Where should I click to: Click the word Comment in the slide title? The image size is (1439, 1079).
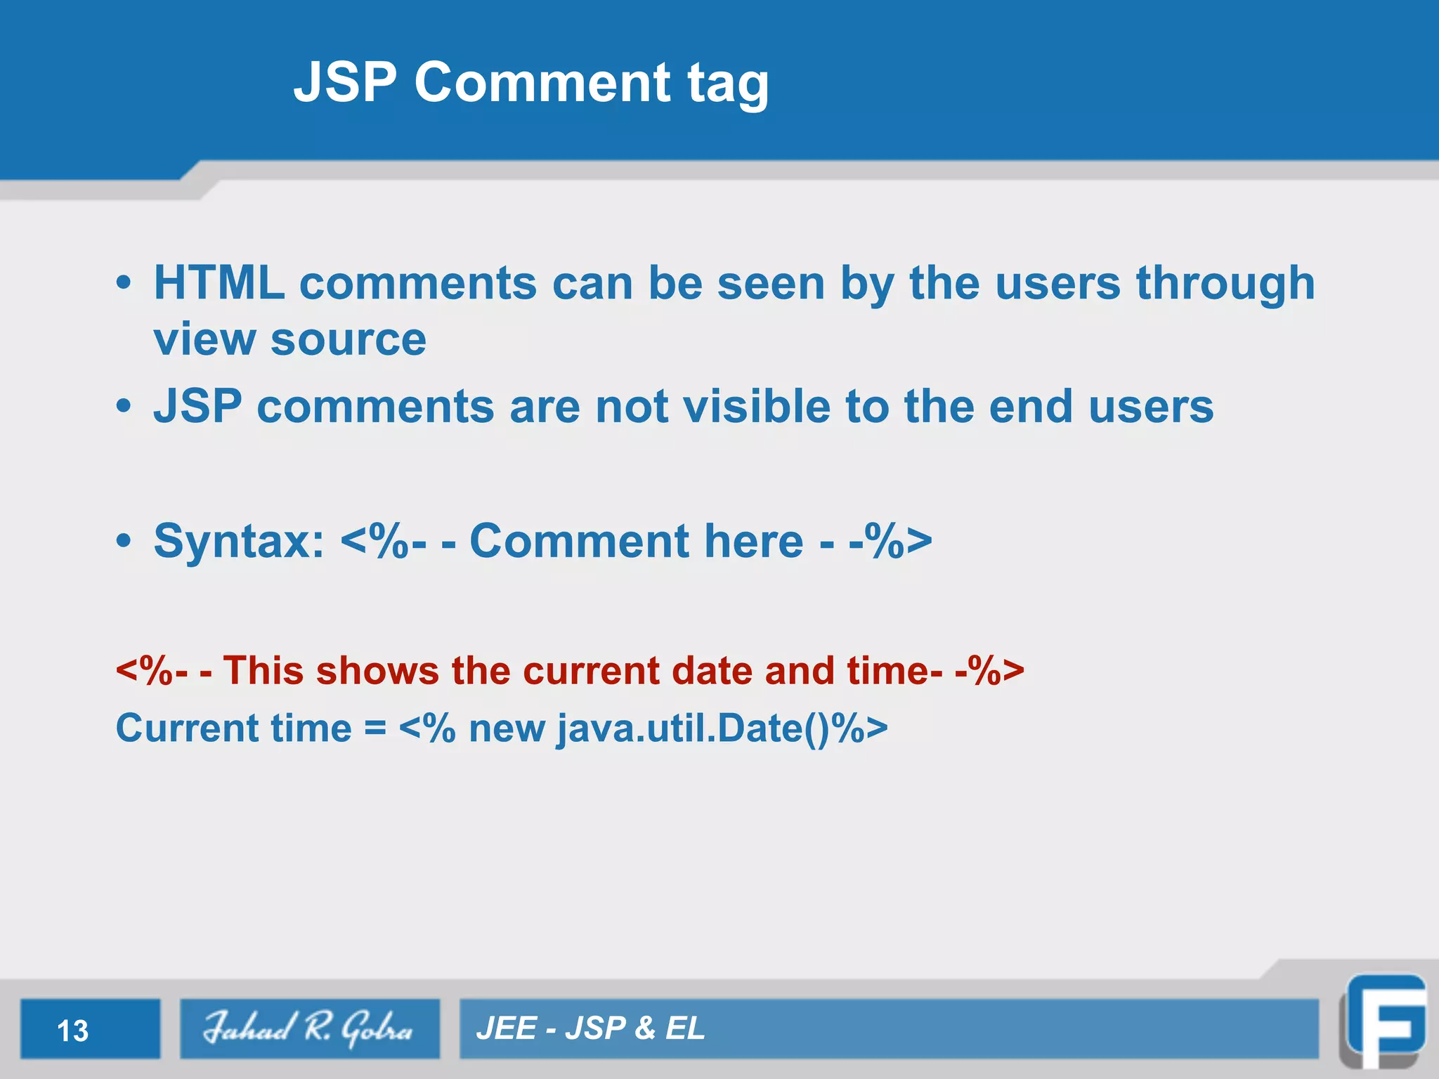click(542, 82)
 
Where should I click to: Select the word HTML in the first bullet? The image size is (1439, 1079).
click(219, 283)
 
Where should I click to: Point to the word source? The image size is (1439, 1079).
click(349, 340)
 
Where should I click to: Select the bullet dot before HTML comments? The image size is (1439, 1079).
click(124, 282)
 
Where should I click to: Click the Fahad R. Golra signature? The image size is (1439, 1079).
click(308, 1028)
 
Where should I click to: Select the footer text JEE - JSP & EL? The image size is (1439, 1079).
click(590, 1028)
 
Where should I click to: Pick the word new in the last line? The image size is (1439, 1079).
click(507, 729)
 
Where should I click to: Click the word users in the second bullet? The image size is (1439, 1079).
click(1150, 407)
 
